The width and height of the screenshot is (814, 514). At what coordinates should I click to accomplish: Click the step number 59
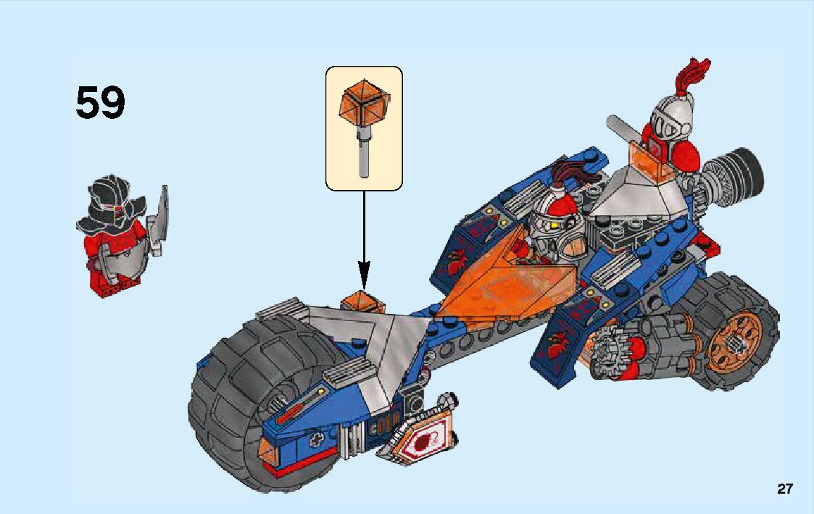tap(100, 103)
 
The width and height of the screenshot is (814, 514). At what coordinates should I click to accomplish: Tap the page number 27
tap(784, 489)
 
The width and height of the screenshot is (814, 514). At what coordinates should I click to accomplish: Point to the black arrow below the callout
tap(363, 239)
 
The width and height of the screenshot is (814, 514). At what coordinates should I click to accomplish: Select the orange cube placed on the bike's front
tap(363, 300)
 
